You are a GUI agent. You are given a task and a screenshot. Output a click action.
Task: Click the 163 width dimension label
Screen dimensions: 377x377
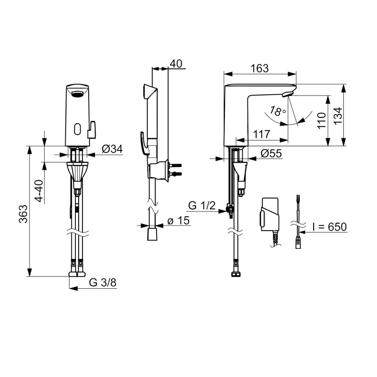click(x=260, y=68)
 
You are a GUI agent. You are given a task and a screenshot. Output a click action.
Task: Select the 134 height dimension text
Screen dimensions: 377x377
click(x=338, y=116)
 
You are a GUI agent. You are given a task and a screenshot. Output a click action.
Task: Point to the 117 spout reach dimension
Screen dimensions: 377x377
click(x=262, y=134)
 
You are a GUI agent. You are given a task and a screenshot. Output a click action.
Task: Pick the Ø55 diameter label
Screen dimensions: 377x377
click(x=271, y=154)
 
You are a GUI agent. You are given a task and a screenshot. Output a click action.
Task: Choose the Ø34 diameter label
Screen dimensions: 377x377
click(x=112, y=149)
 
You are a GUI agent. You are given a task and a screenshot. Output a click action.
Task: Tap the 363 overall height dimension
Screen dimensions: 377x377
click(x=23, y=214)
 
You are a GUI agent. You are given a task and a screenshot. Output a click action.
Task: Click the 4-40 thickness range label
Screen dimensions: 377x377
click(x=38, y=191)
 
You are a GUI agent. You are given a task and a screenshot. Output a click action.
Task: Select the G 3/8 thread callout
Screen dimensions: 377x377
click(x=102, y=282)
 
